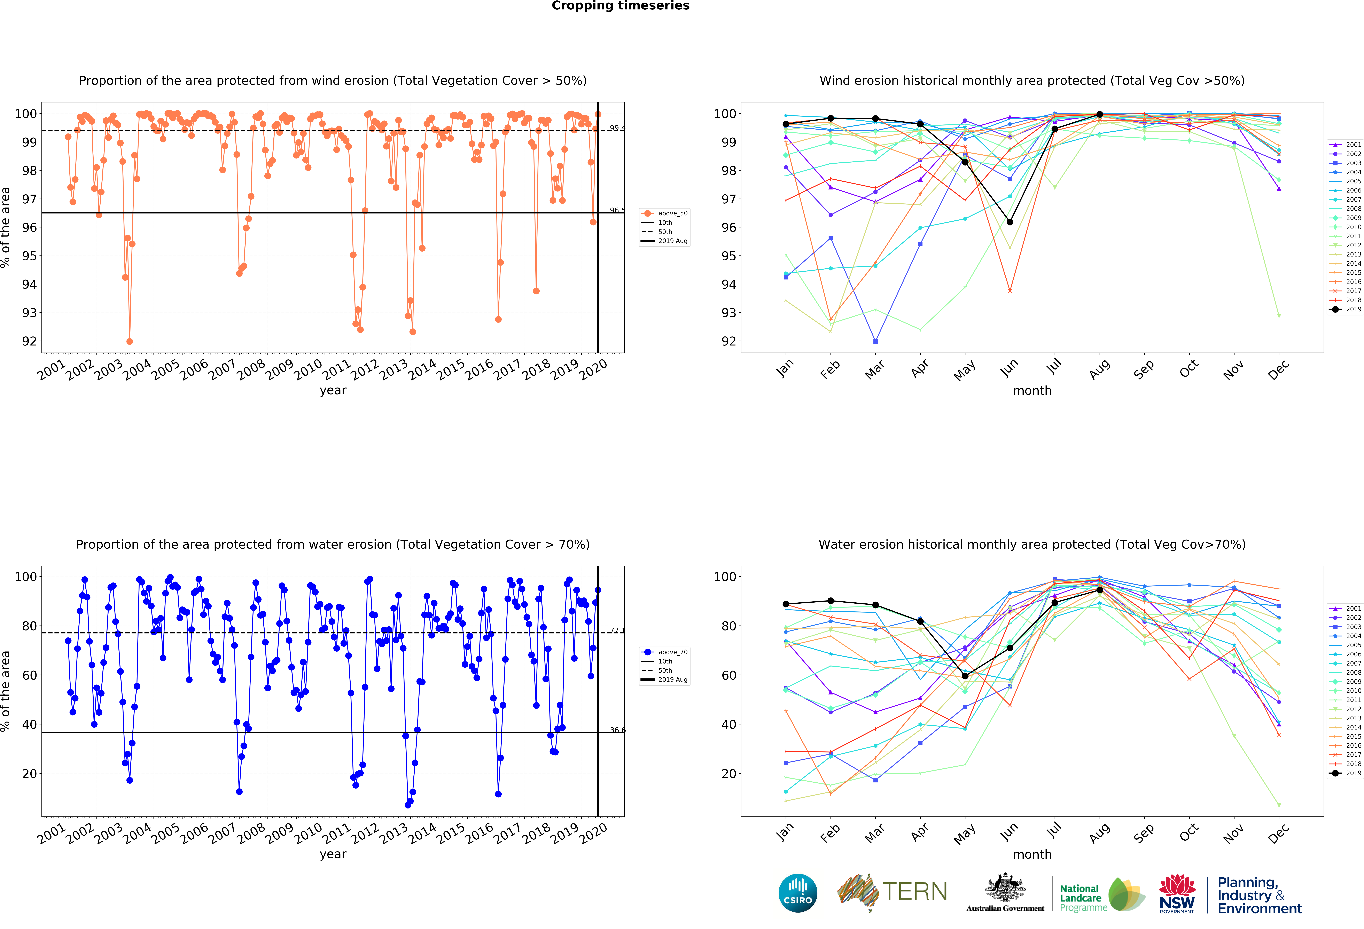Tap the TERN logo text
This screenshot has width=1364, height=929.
(914, 891)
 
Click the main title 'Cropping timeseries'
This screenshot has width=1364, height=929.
(620, 6)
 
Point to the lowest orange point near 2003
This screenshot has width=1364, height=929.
(130, 341)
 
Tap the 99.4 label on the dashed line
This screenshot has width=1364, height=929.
(617, 128)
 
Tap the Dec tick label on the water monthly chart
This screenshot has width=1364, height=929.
(1278, 833)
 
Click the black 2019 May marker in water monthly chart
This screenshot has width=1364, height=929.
(965, 676)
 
